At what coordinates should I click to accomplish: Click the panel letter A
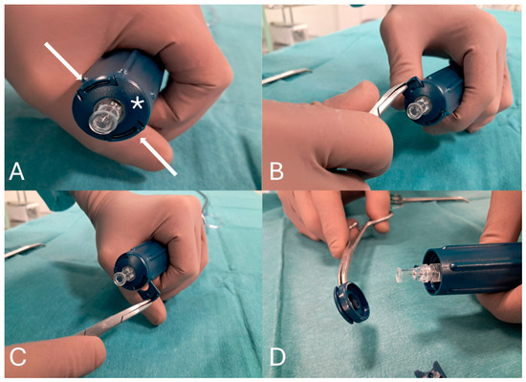click(17, 171)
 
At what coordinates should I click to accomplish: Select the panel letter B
click(276, 171)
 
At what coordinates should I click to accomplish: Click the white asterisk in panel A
click(137, 103)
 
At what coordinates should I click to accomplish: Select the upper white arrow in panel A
click(63, 61)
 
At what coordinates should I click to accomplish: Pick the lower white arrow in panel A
click(158, 156)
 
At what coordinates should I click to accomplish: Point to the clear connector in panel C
click(123, 276)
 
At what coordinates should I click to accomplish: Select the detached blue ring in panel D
click(351, 303)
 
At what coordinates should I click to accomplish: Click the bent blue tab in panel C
click(149, 290)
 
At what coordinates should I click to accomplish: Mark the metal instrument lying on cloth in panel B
click(287, 76)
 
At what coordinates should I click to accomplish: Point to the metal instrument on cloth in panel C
click(24, 251)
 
